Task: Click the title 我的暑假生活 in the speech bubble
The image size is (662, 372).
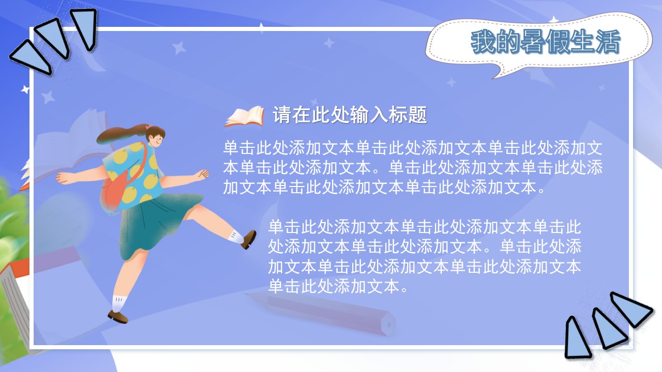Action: [545, 42]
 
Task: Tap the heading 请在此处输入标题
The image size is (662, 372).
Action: [350, 115]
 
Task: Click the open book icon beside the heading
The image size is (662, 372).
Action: [244, 116]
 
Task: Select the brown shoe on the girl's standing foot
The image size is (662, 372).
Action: [117, 317]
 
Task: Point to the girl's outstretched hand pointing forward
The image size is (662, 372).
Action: [203, 174]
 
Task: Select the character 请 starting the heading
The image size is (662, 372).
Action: [282, 115]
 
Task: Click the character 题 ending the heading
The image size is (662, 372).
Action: [417, 115]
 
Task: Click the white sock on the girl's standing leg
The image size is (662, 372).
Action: [119, 303]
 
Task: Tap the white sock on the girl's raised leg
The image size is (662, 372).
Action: [236, 237]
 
